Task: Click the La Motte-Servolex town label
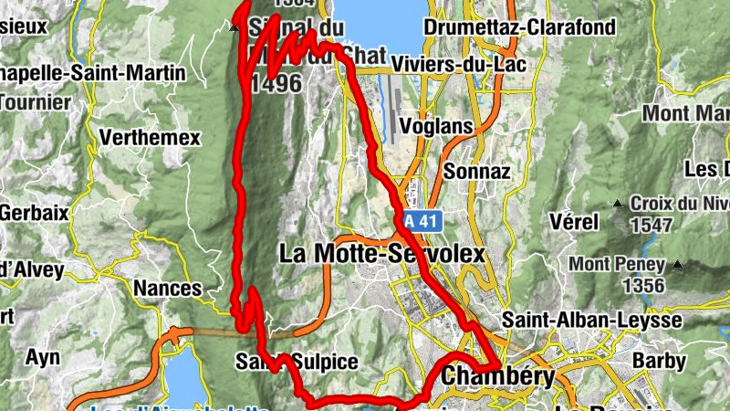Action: point(381,253)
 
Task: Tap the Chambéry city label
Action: point(497,376)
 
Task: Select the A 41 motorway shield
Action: point(422,220)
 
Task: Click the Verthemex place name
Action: point(150,138)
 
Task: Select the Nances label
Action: point(167,289)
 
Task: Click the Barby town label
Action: point(659,361)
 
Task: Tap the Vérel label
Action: point(575,221)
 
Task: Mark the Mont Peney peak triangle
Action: point(678,265)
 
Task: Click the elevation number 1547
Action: point(649,225)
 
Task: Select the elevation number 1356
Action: point(643,286)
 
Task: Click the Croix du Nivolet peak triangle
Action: point(619,203)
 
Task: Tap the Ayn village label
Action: point(42,356)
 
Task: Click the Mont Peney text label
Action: point(617,265)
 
